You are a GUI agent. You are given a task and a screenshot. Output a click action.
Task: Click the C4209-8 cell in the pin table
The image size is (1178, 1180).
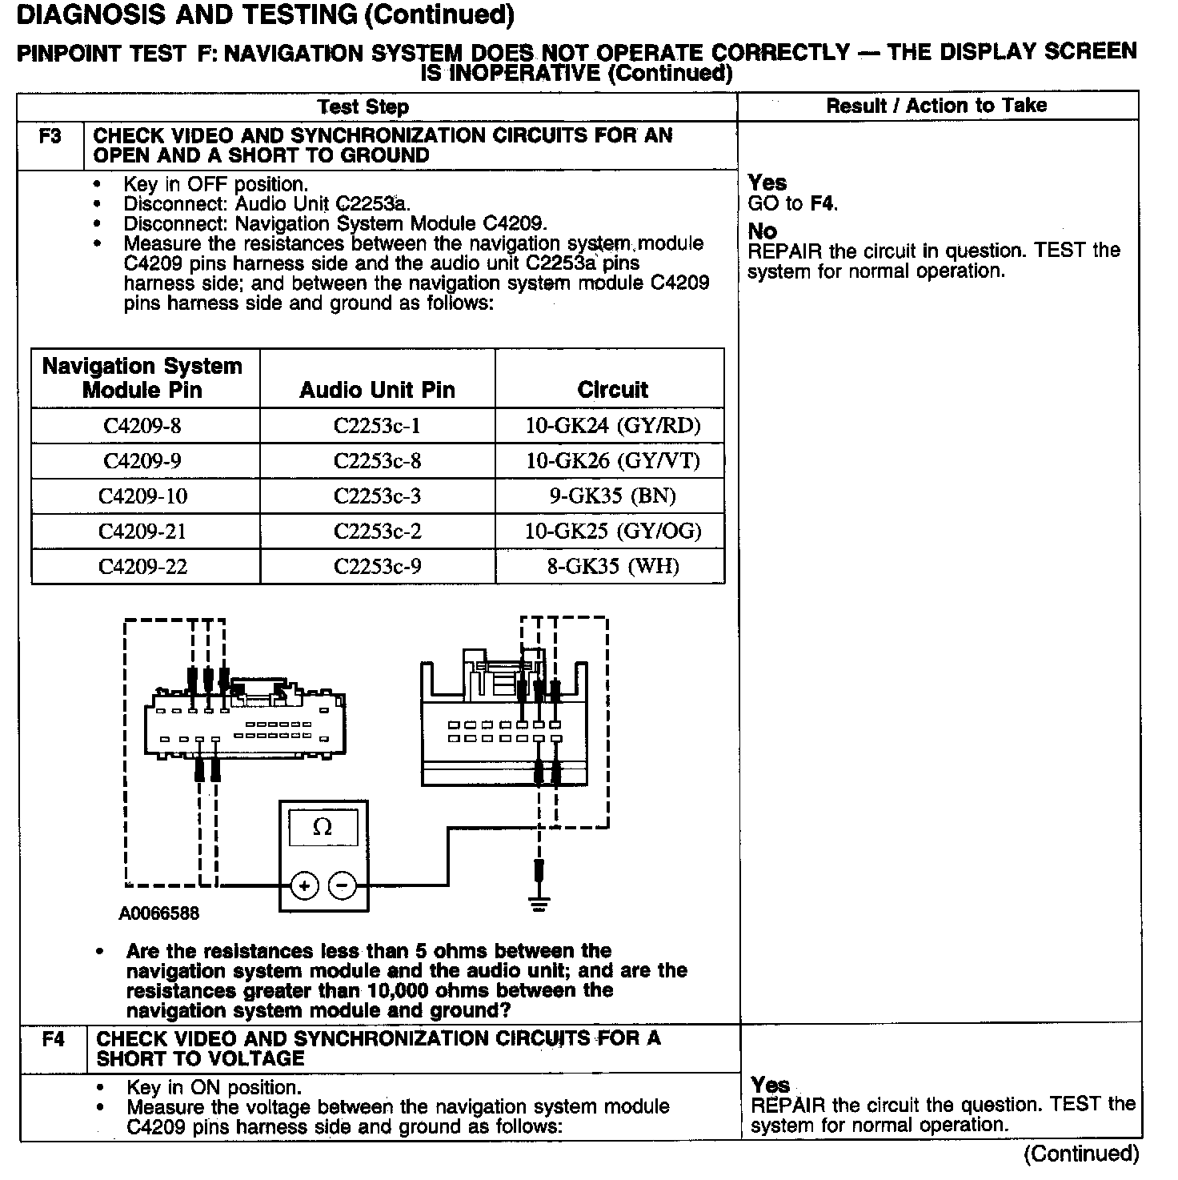pos(142,426)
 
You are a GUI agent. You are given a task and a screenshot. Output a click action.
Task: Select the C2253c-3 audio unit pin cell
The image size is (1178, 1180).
pos(377,496)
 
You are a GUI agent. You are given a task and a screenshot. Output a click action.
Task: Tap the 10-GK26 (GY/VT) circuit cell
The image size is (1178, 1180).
pos(612,461)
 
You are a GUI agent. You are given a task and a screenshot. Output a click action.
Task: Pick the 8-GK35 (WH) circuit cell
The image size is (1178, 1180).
pos(612,567)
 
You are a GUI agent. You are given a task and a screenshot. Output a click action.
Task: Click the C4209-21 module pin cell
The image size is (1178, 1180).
pos(142,532)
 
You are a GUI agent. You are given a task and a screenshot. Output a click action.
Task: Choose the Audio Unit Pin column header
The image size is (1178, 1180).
pos(377,390)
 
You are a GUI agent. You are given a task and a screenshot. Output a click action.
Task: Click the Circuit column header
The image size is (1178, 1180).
pos(612,390)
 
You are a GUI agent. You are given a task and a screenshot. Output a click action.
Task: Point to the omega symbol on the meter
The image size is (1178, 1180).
pos(323,827)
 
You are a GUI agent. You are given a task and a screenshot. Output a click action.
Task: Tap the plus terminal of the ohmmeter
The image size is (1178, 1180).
pos(304,885)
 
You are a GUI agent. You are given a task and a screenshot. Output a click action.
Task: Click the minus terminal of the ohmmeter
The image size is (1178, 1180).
pos(343,885)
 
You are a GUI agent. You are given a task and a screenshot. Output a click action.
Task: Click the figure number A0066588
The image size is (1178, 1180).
pos(159,913)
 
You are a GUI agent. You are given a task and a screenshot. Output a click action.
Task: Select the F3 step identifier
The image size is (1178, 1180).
pos(50,136)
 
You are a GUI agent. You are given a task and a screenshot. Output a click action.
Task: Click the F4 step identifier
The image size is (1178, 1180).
pos(53,1039)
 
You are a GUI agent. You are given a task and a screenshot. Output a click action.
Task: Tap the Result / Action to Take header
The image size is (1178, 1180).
pos(936,106)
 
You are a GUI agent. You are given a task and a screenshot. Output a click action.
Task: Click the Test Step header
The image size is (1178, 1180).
pos(363,107)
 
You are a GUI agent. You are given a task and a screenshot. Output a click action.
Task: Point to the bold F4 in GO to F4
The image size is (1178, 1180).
pos(823,203)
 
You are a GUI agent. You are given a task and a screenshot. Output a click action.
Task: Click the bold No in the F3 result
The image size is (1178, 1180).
pos(762,231)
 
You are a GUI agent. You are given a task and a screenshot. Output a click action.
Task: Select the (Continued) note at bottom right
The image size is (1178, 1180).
pos(1080,1154)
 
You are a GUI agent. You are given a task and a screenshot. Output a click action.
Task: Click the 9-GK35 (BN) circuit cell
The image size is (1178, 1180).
pos(612,496)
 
